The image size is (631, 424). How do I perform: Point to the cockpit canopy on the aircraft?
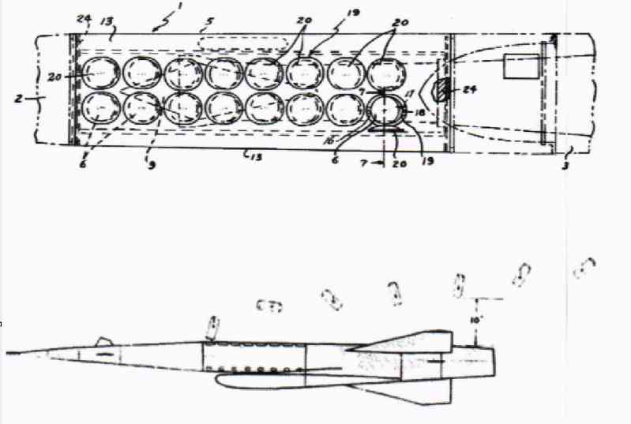(x=101, y=341)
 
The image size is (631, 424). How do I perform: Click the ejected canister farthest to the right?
(x=584, y=268)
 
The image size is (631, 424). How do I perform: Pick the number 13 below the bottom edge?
(x=253, y=158)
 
